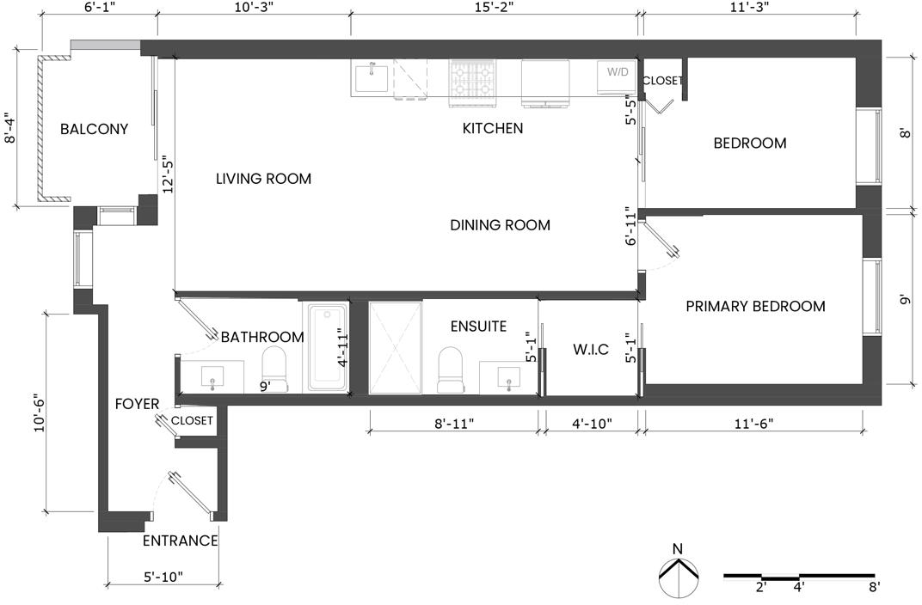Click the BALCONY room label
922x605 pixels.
[94, 129]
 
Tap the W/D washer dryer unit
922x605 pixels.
[617, 77]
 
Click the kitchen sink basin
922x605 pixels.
[371, 79]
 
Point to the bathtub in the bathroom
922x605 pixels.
[328, 347]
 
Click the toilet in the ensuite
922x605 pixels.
[451, 370]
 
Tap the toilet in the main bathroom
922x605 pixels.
[274, 370]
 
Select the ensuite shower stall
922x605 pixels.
[395, 348]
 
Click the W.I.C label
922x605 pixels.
[591, 350]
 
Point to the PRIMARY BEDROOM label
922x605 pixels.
[756, 306]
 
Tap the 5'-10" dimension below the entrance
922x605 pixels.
[163, 577]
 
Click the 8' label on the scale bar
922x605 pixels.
[874, 587]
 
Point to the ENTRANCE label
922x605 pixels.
[181, 541]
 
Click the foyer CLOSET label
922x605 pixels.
[192, 420]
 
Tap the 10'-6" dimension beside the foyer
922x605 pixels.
[40, 412]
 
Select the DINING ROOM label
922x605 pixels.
[501, 225]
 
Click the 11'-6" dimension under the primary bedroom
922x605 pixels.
[753, 424]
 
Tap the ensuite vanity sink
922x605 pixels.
[508, 376]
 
